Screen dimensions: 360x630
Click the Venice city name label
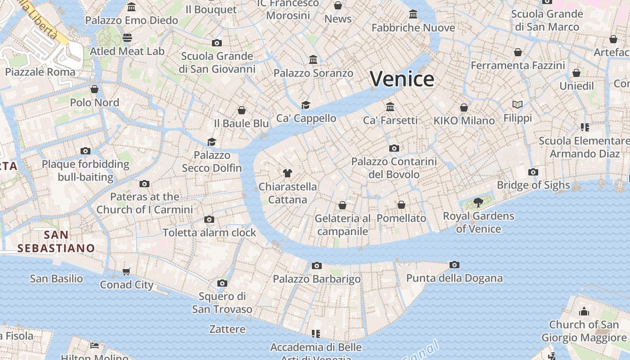tap(402, 79)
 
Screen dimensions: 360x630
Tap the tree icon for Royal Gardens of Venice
tap(478, 202)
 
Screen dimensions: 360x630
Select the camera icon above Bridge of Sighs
tap(533, 172)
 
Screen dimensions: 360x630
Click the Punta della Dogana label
tap(454, 278)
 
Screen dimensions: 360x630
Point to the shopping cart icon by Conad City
tap(126, 271)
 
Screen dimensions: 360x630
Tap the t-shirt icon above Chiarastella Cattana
tap(288, 173)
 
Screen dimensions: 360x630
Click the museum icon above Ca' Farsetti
tap(390, 107)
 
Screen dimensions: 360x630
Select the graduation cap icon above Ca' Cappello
tap(306, 105)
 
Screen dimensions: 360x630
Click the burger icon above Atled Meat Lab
tap(127, 38)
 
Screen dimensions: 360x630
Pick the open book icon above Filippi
tap(517, 105)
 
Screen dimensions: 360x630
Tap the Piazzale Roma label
tap(40, 72)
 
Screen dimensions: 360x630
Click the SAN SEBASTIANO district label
tap(56, 242)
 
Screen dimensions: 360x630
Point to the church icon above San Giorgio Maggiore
tap(584, 311)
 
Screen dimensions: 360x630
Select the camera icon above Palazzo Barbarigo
tap(317, 265)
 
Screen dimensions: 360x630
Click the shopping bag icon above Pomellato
tap(401, 205)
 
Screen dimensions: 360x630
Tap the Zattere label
tap(227, 329)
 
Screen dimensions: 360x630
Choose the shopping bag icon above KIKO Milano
tap(464, 108)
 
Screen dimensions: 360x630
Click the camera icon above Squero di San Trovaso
tap(222, 283)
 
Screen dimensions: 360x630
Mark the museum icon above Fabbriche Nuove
tap(413, 14)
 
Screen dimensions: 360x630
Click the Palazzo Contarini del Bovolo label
tap(394, 168)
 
